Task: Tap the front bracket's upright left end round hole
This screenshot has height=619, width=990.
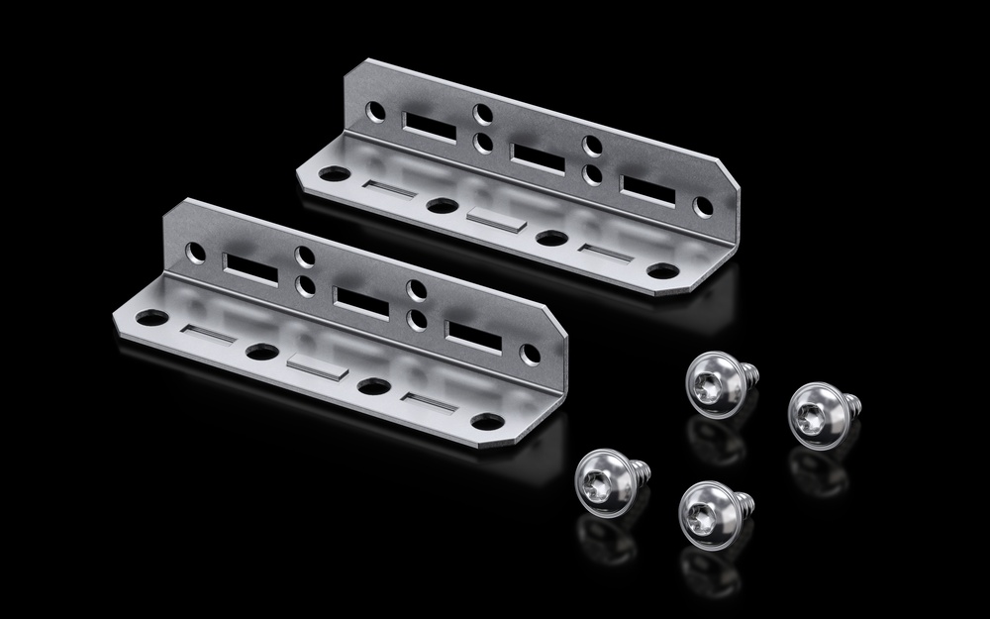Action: tap(196, 252)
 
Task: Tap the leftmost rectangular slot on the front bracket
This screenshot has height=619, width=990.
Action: tap(251, 267)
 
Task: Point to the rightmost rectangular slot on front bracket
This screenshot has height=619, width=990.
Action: tap(472, 335)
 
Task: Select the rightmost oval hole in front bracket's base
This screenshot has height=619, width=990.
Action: tap(484, 421)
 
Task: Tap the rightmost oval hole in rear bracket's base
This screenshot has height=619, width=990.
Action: tap(661, 270)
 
